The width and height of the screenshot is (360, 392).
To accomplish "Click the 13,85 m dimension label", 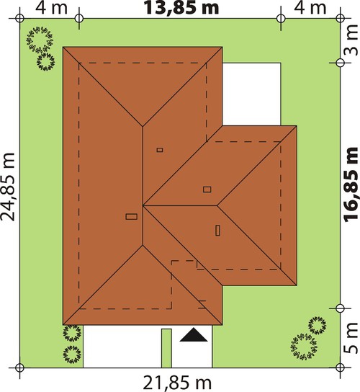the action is pyautogui.click(x=181, y=8).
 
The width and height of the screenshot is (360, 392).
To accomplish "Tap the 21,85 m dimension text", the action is pyautogui.click(x=177, y=383).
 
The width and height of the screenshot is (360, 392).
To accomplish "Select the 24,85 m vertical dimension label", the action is pyautogui.click(x=8, y=187).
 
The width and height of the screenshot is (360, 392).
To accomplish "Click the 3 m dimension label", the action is pyautogui.click(x=352, y=40).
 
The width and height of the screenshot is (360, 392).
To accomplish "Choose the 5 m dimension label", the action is pyautogui.click(x=352, y=338).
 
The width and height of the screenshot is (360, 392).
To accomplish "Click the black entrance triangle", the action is pyautogui.click(x=194, y=335).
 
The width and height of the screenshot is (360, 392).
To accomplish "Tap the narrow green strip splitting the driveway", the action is pyautogui.click(x=166, y=348).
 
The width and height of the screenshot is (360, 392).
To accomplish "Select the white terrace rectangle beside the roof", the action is pyautogui.click(x=251, y=94).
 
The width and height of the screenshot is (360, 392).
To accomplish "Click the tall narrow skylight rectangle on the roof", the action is pyautogui.click(x=218, y=231).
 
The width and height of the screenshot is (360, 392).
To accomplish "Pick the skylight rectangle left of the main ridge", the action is pyautogui.click(x=132, y=216).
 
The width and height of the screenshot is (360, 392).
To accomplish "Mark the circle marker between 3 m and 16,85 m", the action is pyautogui.click(x=340, y=63).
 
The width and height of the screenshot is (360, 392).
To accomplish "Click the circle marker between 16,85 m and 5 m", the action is pyautogui.click(x=340, y=308).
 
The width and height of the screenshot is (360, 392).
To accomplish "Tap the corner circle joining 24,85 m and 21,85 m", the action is pyautogui.click(x=19, y=367).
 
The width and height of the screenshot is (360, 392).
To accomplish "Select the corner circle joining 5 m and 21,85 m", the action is pyautogui.click(x=340, y=367).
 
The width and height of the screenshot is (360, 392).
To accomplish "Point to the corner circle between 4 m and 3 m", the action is pyautogui.click(x=340, y=18).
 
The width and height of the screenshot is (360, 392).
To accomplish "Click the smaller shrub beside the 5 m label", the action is pyautogui.click(x=317, y=325).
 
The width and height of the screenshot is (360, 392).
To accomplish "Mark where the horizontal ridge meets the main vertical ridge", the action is pyautogui.click(x=143, y=205).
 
